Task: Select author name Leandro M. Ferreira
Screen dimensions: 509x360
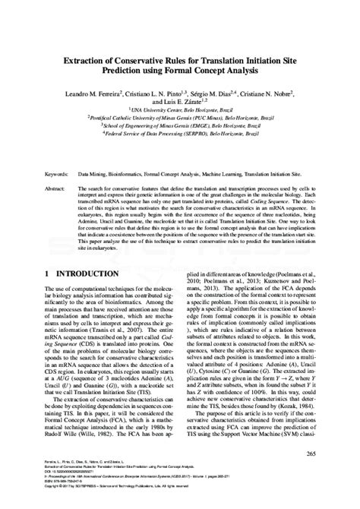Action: coord(89,91)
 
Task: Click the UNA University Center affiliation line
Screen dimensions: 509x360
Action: coord(179,109)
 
